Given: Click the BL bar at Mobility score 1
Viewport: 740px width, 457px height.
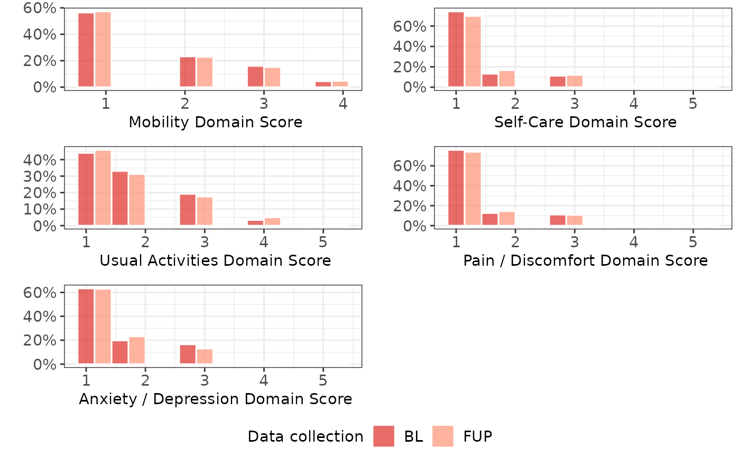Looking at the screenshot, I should [86, 50].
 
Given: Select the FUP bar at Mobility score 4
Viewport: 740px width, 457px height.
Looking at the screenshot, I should [340, 84].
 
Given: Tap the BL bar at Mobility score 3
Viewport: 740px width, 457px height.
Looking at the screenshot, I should [255, 77].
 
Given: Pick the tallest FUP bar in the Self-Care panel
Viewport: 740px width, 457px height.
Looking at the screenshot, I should [473, 52].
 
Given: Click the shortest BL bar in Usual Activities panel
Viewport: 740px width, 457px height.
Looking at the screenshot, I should [255, 223].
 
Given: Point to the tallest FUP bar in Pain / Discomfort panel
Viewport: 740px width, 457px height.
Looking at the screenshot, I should [473, 189].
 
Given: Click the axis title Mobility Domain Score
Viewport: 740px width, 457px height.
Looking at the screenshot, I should [216, 123].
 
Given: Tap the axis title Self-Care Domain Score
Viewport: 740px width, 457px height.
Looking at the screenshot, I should [585, 123].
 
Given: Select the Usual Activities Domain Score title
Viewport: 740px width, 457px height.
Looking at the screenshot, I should [215, 260].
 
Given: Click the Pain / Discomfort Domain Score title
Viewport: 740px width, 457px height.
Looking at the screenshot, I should [585, 260].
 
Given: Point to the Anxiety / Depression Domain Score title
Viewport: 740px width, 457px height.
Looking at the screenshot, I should [215, 399].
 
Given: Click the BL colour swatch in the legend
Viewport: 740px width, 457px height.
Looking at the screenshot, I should [384, 436].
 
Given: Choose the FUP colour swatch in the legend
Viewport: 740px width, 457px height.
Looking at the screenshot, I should [443, 436].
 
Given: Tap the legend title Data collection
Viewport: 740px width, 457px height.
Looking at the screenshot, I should [305, 436].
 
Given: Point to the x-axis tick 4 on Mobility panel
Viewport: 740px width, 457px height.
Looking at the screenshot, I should [343, 104].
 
